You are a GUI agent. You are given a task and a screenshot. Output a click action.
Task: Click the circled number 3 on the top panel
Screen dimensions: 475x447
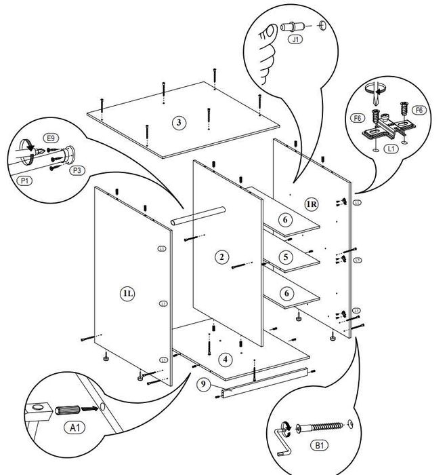pyautogui.click(x=178, y=123)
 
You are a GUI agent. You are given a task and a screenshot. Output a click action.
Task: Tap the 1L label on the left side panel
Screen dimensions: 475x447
pyautogui.click(x=127, y=292)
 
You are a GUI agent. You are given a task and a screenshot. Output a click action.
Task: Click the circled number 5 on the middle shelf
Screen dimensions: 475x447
pyautogui.click(x=286, y=257)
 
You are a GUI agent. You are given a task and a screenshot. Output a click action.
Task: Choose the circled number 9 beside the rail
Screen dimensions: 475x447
pyautogui.click(x=203, y=384)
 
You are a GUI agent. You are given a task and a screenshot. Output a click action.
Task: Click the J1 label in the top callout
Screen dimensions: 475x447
pyautogui.click(x=295, y=39)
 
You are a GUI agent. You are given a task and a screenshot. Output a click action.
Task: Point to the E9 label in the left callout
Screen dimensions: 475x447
pyautogui.click(x=49, y=136)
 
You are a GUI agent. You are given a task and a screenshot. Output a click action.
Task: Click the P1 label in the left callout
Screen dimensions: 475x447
pyautogui.click(x=24, y=180)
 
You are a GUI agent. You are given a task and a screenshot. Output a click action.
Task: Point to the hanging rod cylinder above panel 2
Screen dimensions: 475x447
pyautogui.click(x=197, y=215)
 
